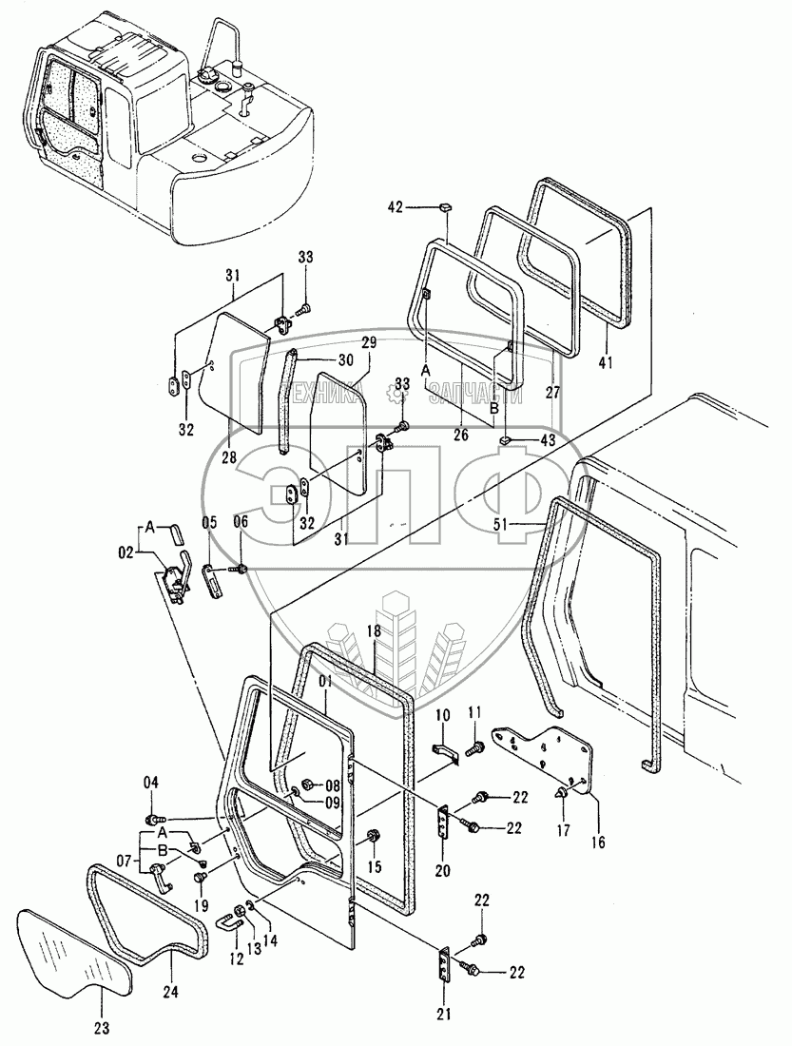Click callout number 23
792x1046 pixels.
pos(102,1026)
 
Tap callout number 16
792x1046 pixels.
pos(597,841)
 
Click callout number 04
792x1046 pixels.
pos(150,782)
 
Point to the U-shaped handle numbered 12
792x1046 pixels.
pos(224,920)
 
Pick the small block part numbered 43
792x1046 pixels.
pos(508,440)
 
